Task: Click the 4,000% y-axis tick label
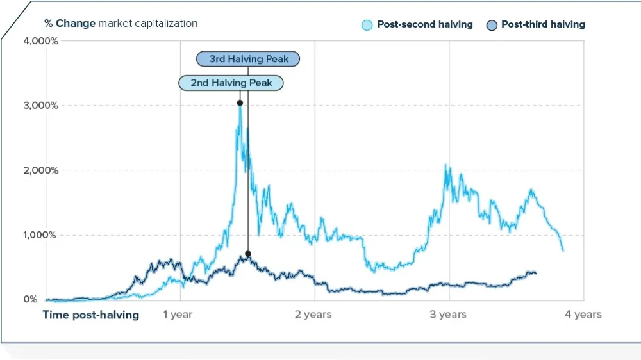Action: pyautogui.click(x=42, y=41)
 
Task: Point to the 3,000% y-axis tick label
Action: pyautogui.click(x=42, y=105)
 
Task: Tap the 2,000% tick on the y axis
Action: pyautogui.click(x=42, y=170)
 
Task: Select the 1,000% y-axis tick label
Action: pyautogui.click(x=42, y=235)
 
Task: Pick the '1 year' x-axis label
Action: pyautogui.click(x=178, y=315)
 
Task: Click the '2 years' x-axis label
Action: pyautogui.click(x=313, y=315)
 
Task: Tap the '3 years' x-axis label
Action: pyautogui.click(x=448, y=315)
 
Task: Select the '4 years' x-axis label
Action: pyautogui.click(x=583, y=315)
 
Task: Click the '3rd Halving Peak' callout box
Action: pyautogui.click(x=247, y=59)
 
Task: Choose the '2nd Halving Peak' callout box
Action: pyautogui.click(x=230, y=83)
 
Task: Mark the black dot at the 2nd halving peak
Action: pyautogui.click(x=240, y=102)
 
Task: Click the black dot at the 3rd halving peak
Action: pyautogui.click(x=248, y=254)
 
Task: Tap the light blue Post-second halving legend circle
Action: pyautogui.click(x=367, y=26)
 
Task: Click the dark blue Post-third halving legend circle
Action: pyautogui.click(x=492, y=26)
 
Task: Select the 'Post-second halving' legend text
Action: pyautogui.click(x=424, y=24)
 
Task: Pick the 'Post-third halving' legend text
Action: pyautogui.click(x=543, y=24)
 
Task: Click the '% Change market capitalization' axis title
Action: pyautogui.click(x=121, y=24)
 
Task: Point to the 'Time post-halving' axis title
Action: pyautogui.click(x=90, y=315)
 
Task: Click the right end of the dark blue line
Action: pyautogui.click(x=536, y=274)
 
